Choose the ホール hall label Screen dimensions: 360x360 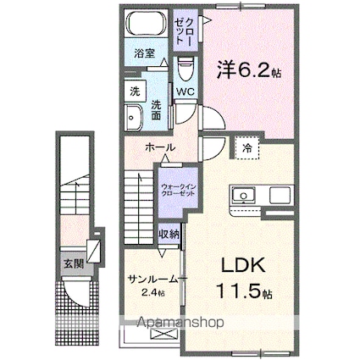coord(161,147)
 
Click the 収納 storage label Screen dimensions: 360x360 coord(169,233)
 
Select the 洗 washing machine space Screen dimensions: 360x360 coord(134,91)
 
